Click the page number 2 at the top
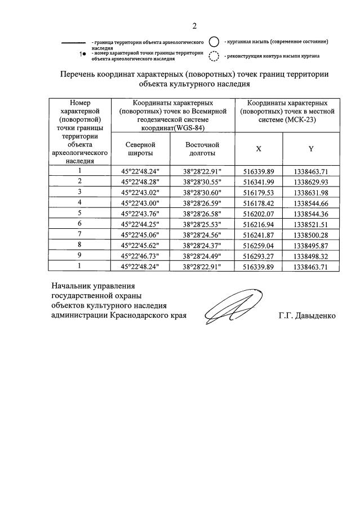(x=194, y=25)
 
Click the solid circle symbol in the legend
(x=214, y=42)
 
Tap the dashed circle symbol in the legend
(x=214, y=56)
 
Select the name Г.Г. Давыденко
(x=306, y=316)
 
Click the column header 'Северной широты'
(x=140, y=149)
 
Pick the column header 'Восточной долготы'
(x=202, y=149)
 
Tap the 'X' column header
(x=259, y=149)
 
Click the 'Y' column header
(x=310, y=149)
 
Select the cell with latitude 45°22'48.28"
(x=140, y=181)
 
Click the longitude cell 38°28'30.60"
(x=202, y=192)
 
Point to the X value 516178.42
(x=259, y=202)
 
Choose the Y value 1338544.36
(x=310, y=213)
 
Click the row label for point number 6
(x=80, y=223)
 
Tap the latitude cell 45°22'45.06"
(x=140, y=234)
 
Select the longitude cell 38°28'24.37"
(x=202, y=245)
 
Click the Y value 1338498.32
(x=310, y=255)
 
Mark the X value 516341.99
(x=259, y=181)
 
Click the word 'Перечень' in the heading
(x=79, y=74)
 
